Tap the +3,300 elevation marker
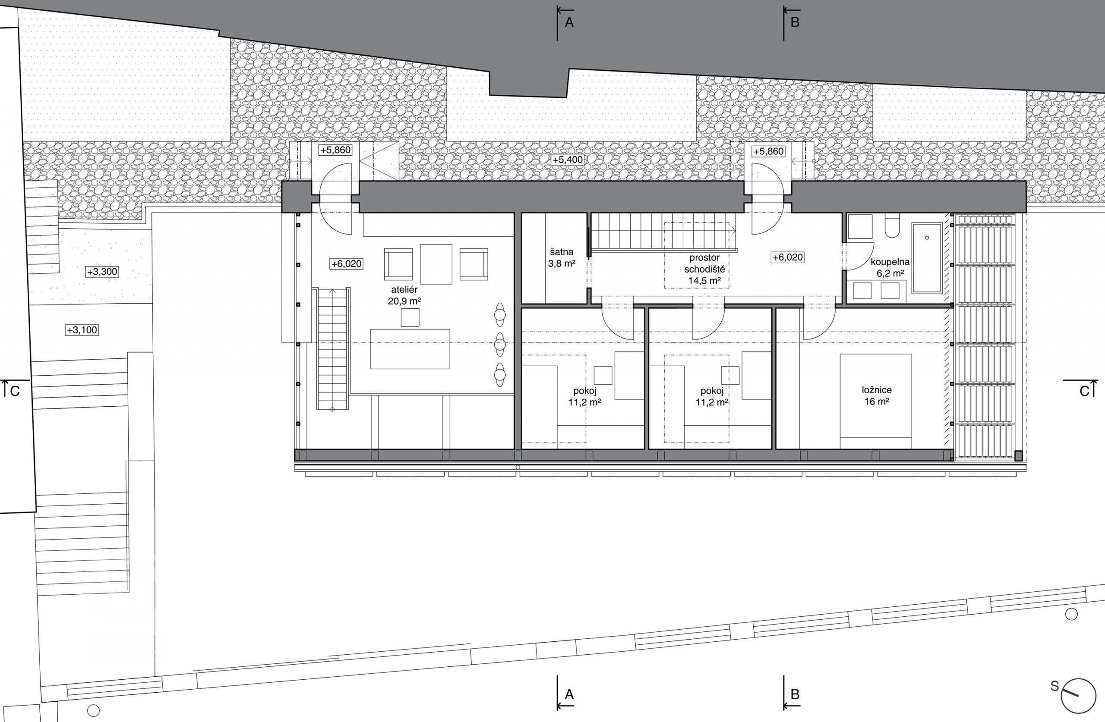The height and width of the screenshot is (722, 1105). [102, 271]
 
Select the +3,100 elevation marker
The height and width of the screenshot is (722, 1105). [82, 330]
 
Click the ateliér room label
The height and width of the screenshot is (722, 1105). [404, 289]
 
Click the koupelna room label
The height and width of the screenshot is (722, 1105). [890, 262]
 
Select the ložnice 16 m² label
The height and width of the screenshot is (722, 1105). [877, 396]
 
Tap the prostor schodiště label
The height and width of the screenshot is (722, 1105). [704, 263]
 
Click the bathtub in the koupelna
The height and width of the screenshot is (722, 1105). [927, 258]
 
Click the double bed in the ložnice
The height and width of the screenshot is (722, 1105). [876, 401]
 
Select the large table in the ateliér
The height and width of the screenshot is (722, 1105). [410, 349]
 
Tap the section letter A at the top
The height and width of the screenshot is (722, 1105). [569, 22]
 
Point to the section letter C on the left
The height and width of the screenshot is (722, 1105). [15, 392]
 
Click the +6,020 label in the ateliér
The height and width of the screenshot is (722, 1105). [346, 264]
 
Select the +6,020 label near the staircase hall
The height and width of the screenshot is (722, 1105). [787, 257]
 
